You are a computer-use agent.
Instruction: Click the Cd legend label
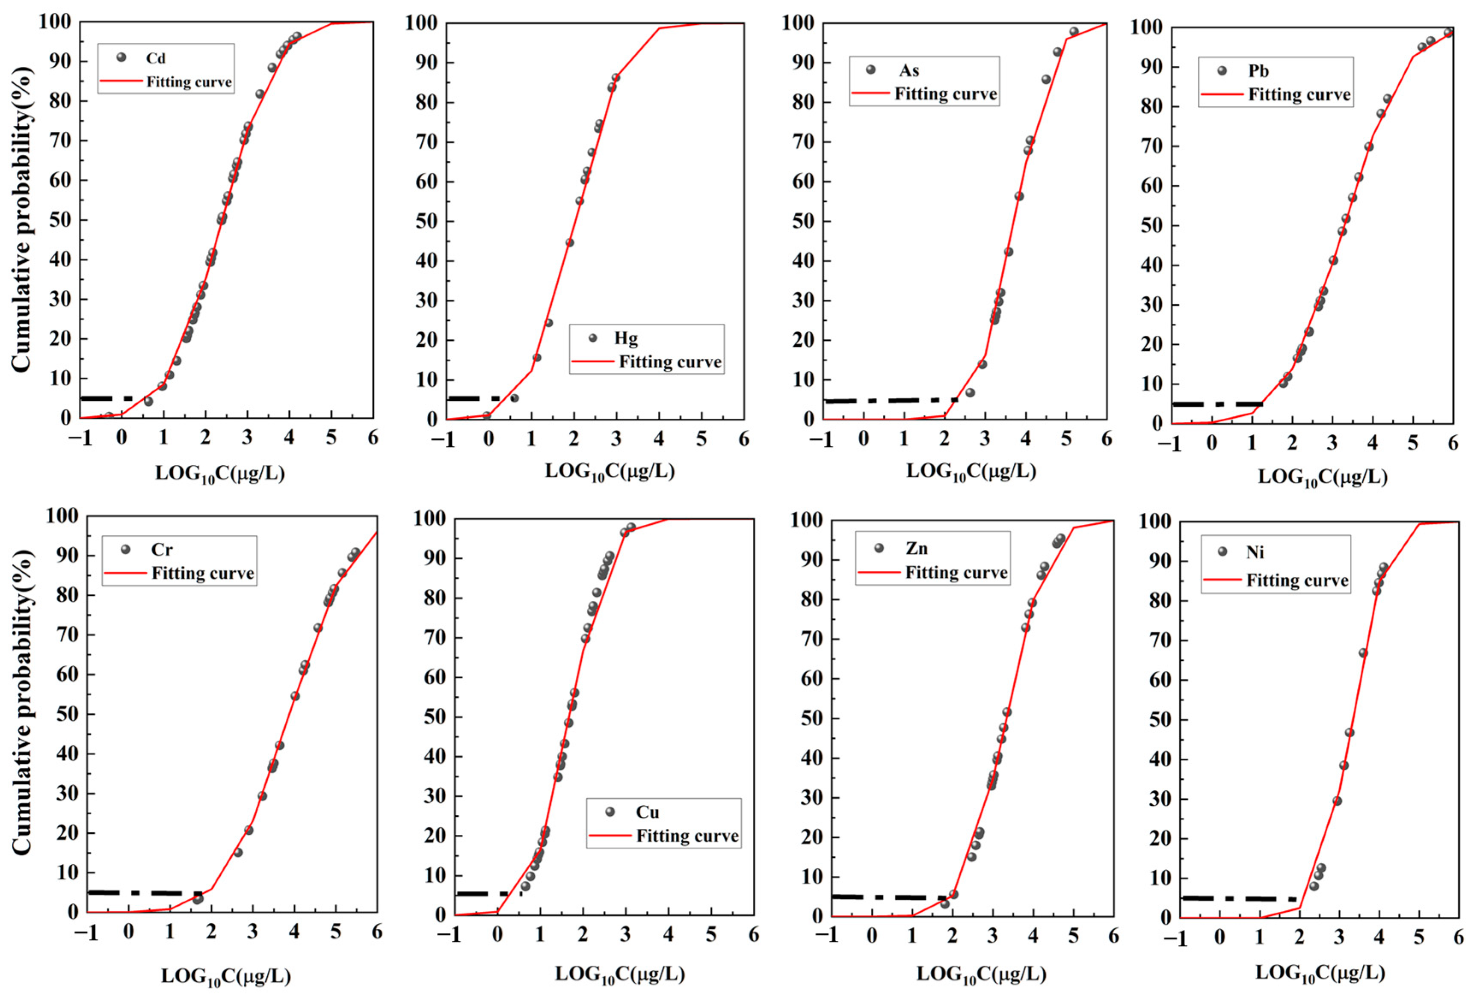click(155, 58)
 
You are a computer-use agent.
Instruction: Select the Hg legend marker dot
click(593, 338)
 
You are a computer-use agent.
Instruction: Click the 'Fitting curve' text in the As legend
click(945, 94)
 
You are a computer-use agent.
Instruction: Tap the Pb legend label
click(1258, 71)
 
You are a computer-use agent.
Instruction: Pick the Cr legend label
click(161, 549)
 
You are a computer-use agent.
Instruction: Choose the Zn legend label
click(917, 548)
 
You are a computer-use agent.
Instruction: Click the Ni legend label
click(1255, 552)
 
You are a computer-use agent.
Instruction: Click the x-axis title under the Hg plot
click(610, 471)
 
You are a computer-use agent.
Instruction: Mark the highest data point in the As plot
click(1074, 32)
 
